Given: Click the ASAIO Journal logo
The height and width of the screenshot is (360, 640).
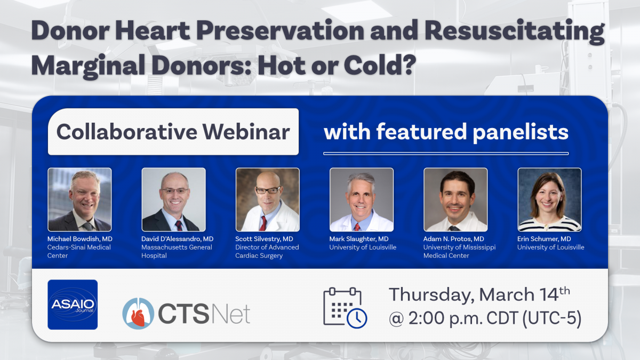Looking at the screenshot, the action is click(x=73, y=305).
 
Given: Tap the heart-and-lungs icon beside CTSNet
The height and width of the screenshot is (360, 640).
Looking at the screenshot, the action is click(x=138, y=314).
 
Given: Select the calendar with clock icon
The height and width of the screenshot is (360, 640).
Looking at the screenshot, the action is click(x=345, y=308).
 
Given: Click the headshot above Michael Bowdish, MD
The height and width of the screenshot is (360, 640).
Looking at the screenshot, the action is click(x=79, y=199).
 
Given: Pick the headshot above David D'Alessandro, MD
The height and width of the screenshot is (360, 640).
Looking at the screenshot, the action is click(x=174, y=199).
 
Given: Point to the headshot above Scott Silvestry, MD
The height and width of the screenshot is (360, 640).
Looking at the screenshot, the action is click(x=268, y=199).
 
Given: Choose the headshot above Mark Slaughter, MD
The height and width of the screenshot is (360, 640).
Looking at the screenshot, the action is click(x=362, y=199).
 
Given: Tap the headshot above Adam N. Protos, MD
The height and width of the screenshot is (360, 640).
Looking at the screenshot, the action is click(x=455, y=199).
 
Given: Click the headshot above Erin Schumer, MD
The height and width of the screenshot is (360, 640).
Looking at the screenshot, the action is click(x=550, y=199).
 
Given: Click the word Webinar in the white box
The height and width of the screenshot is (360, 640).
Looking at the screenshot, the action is click(x=246, y=132).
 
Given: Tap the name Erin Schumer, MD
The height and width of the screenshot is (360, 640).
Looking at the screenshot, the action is click(x=544, y=239).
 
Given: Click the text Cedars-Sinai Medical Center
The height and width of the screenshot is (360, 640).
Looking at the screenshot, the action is click(x=79, y=251).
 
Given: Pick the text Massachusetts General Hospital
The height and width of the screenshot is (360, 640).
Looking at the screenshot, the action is click(x=177, y=251).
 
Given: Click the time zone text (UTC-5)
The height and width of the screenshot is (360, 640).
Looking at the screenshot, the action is click(x=552, y=318).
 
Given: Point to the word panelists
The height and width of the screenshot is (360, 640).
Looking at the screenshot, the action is click(x=521, y=133).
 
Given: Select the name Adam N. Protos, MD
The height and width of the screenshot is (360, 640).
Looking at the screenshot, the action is click(x=454, y=239).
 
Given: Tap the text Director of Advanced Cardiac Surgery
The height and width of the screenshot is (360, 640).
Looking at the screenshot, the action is click(x=267, y=251).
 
